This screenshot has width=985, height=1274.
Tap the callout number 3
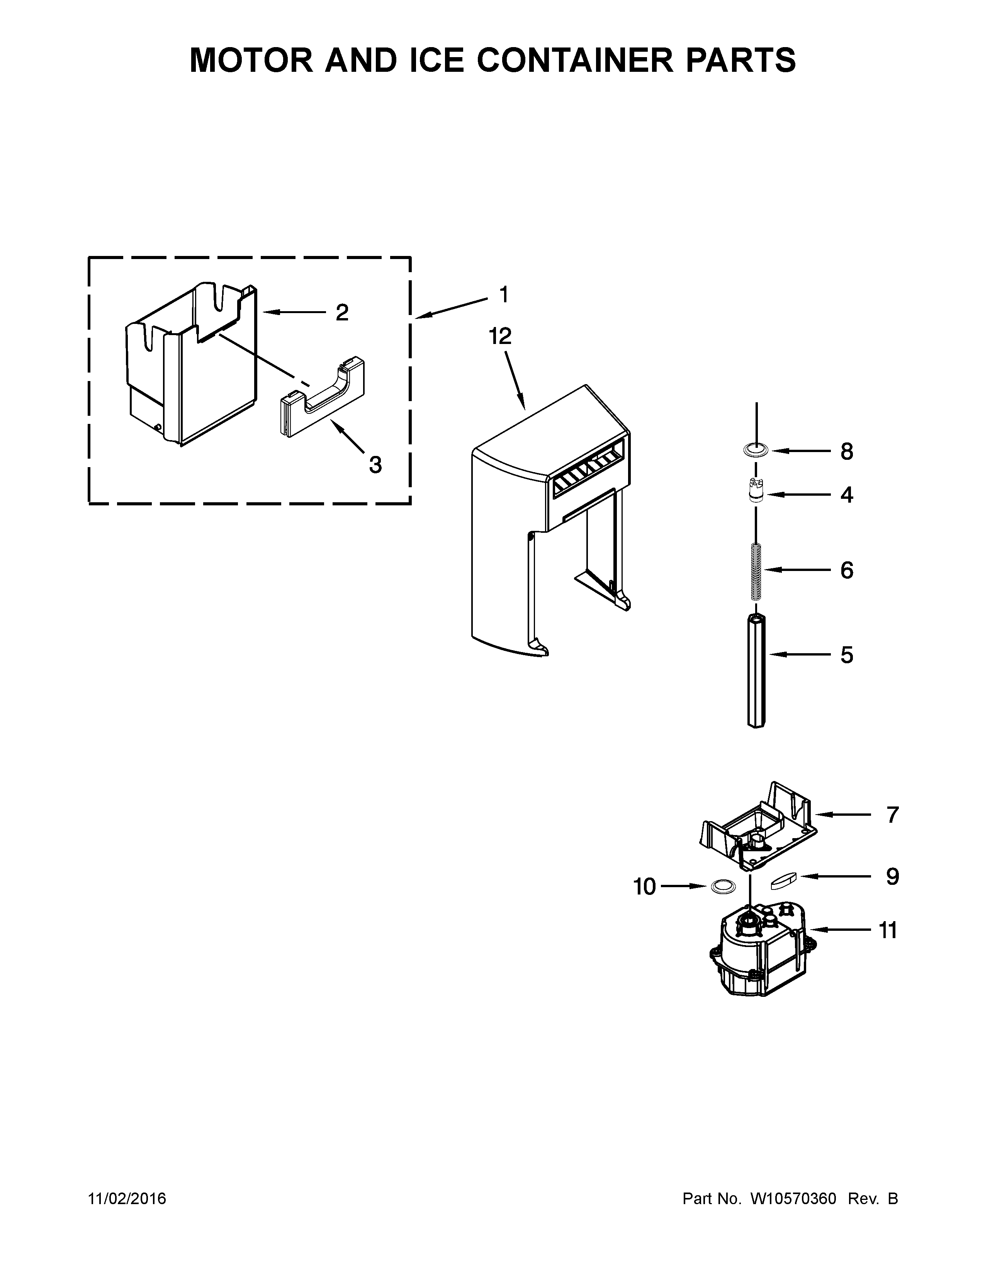click(x=375, y=464)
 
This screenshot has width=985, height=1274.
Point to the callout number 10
click(x=645, y=887)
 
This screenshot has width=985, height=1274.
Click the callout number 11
click(x=888, y=930)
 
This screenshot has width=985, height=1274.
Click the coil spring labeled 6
click(x=756, y=571)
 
